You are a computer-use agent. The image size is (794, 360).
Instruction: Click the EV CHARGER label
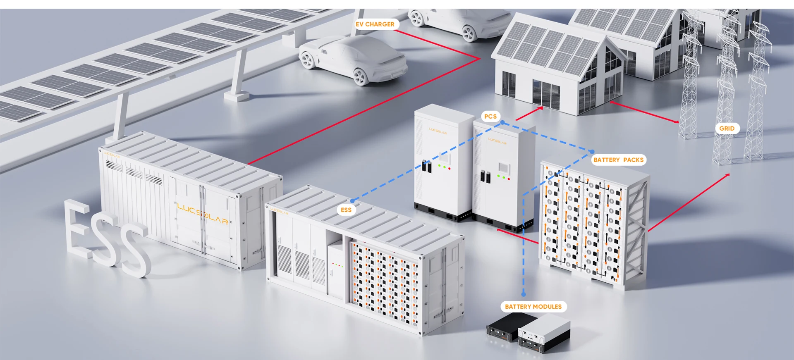click(375, 24)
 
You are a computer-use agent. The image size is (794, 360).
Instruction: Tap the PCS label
click(490, 117)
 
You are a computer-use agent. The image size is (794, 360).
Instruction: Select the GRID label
click(727, 129)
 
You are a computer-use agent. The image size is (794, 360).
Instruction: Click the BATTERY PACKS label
click(618, 160)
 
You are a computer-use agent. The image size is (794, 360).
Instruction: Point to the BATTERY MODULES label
click(533, 307)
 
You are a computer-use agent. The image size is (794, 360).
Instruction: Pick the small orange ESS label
click(346, 210)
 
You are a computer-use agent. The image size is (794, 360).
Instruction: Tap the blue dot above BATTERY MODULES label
click(524, 294)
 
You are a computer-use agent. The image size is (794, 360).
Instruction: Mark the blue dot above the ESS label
click(352, 201)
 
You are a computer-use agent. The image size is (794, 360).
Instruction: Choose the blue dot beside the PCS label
click(502, 123)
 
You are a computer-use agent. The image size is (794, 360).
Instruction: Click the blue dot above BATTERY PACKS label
click(592, 152)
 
